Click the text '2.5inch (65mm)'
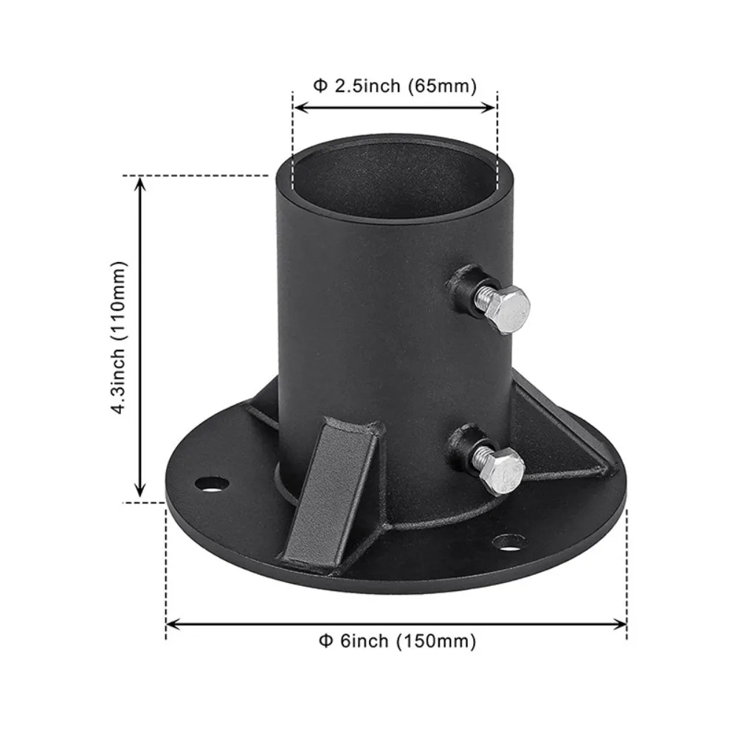click(x=406, y=86)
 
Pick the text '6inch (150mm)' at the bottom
click(x=407, y=641)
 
